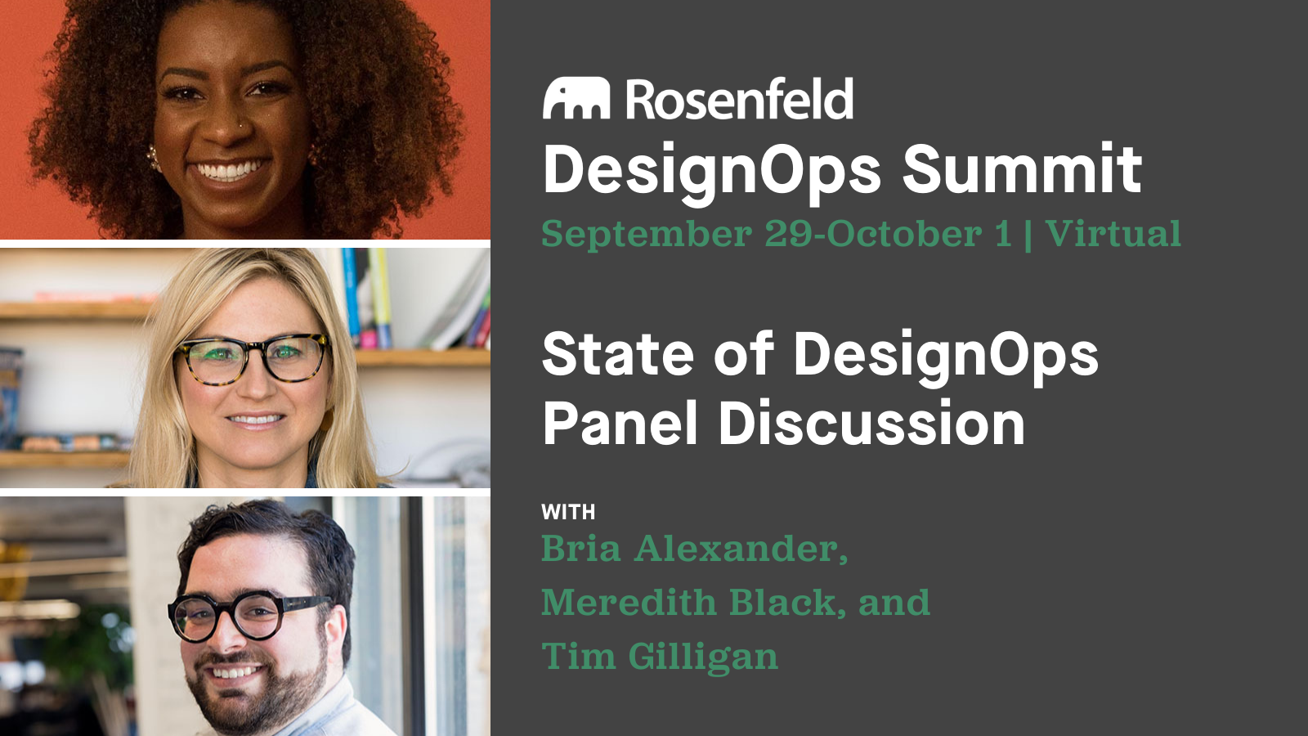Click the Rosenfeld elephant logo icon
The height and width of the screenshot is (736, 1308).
(576, 99)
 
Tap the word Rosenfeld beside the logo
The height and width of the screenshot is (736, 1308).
(740, 100)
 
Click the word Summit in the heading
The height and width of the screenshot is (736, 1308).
(1022, 168)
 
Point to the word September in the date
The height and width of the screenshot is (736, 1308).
(646, 235)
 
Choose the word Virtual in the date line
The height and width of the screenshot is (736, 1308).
(1113, 234)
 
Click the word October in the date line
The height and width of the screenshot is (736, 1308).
(904, 234)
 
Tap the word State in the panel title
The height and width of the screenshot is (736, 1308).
(618, 354)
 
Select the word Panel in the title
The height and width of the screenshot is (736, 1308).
(620, 424)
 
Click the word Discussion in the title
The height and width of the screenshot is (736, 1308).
(871, 424)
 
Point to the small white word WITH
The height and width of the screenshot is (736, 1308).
(568, 513)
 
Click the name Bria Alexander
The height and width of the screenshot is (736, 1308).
(694, 549)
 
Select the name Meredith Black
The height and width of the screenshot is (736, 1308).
(688, 603)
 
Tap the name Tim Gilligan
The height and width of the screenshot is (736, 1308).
(660, 657)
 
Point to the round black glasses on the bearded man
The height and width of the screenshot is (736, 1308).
(245, 615)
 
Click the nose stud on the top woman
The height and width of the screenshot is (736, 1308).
(241, 125)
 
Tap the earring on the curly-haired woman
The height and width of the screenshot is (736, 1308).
(153, 155)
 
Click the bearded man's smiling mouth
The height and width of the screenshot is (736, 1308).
(237, 672)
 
